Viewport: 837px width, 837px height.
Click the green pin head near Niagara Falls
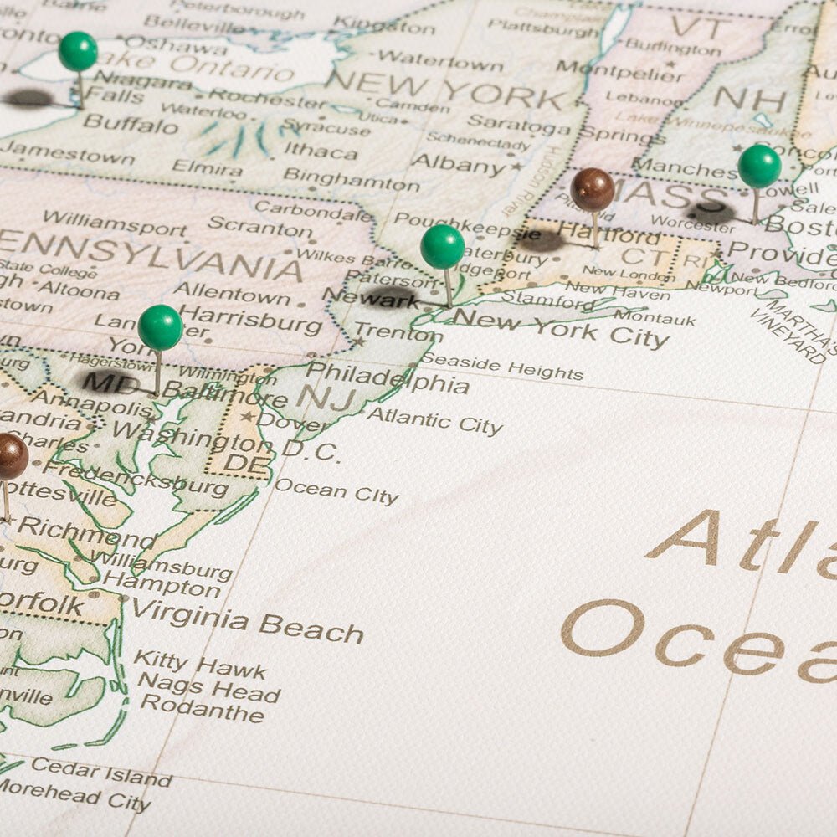78,51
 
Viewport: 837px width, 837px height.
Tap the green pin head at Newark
442,247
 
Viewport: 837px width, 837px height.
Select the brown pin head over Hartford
593,189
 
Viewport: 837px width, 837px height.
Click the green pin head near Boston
759,166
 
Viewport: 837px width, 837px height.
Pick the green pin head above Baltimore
160,327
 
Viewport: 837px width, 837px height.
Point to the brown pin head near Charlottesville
10,457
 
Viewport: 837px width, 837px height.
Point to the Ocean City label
336,491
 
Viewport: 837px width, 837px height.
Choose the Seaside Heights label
501,367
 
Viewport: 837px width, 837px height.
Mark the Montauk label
654,317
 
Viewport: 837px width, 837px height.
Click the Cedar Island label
101,770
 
